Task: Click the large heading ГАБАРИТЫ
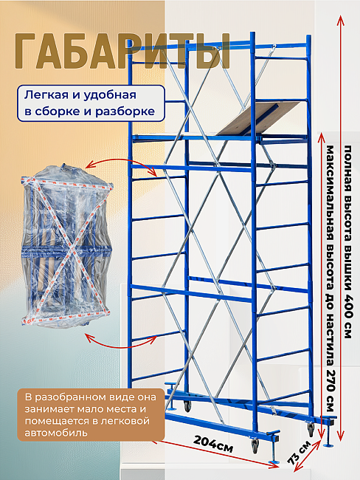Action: pos(122,52)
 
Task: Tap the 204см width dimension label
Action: pos(213,444)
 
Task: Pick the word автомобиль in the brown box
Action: pos(56,433)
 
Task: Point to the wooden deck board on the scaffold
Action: pos(258,118)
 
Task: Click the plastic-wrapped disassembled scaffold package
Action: pos(66,245)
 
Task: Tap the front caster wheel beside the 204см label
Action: pos(255,446)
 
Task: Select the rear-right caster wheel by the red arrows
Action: pos(311,429)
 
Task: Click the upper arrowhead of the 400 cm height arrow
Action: pos(340,20)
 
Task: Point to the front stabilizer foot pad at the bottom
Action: pos(273,462)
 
